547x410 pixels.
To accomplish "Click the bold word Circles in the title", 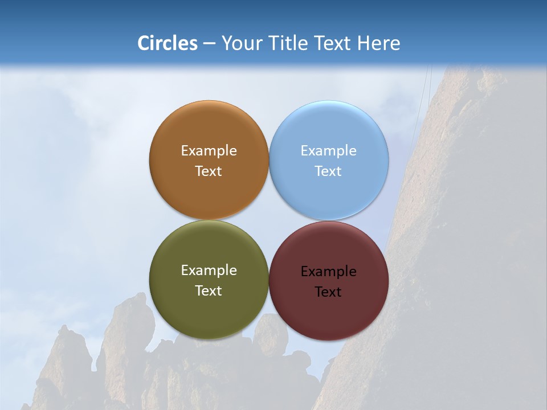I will tap(167, 43).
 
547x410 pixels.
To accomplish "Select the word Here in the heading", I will tap(379, 43).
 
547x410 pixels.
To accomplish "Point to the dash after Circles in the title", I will tap(209, 44).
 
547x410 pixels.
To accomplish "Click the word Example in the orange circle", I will tap(209, 151).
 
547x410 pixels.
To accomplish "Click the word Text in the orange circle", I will tap(209, 171).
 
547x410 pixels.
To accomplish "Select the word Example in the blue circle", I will tap(329, 151).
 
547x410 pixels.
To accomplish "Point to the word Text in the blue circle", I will tap(329, 171).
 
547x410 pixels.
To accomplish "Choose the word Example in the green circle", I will tap(209, 270).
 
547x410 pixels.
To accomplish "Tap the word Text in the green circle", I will tap(209, 291).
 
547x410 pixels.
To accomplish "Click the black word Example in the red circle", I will tap(329, 272).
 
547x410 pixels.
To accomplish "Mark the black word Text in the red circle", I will tap(329, 292).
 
